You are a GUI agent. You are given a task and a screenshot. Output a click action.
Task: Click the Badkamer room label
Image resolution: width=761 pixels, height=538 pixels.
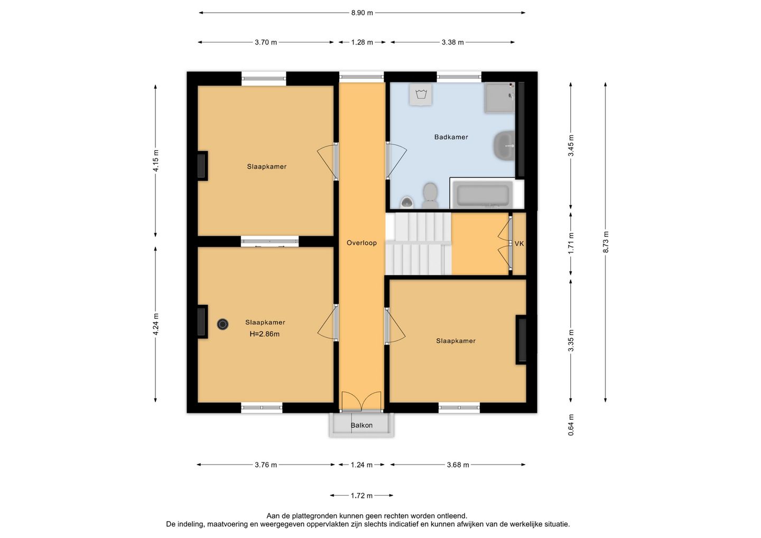coord(451,137)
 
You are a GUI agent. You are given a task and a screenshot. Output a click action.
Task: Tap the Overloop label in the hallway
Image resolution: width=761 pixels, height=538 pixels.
coord(361,243)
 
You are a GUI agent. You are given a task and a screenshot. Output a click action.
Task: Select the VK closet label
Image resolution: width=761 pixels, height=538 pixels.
coord(519,244)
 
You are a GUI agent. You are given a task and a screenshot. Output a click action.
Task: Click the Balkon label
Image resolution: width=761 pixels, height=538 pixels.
coord(361,425)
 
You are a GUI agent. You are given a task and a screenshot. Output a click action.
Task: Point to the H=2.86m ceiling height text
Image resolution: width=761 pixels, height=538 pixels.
coord(264,334)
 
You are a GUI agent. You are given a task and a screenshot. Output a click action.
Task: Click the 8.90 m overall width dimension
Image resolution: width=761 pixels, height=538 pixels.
coord(362,13)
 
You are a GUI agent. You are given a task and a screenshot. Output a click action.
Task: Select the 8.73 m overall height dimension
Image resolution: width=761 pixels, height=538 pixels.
coord(606,242)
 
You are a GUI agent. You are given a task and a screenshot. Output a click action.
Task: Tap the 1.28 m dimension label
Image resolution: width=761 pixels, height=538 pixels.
coord(362,42)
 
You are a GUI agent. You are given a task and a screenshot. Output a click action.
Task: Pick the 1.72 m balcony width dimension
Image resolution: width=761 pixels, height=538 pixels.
coord(361,496)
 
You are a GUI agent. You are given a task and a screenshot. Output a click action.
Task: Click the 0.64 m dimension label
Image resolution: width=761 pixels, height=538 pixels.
coord(571,425)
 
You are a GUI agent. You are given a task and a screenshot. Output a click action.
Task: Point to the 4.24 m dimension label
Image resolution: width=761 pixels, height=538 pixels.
coord(155,324)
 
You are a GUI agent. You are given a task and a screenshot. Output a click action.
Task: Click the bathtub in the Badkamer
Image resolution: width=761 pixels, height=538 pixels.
coord(482,194)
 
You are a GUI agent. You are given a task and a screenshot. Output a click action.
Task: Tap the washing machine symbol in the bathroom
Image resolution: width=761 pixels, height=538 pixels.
coord(421,95)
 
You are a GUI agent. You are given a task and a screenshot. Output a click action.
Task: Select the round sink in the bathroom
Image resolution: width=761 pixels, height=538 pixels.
coord(504,145)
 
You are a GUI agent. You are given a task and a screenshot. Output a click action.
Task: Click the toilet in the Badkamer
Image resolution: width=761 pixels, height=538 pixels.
coord(430,196)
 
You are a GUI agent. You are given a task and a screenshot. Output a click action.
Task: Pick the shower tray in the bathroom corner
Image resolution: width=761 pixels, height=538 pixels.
coord(499,97)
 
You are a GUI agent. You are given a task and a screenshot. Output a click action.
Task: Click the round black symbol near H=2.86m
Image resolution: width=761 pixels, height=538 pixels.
coord(222,324)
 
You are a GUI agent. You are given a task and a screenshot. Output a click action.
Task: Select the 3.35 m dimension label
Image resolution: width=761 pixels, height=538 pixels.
coord(571,340)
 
